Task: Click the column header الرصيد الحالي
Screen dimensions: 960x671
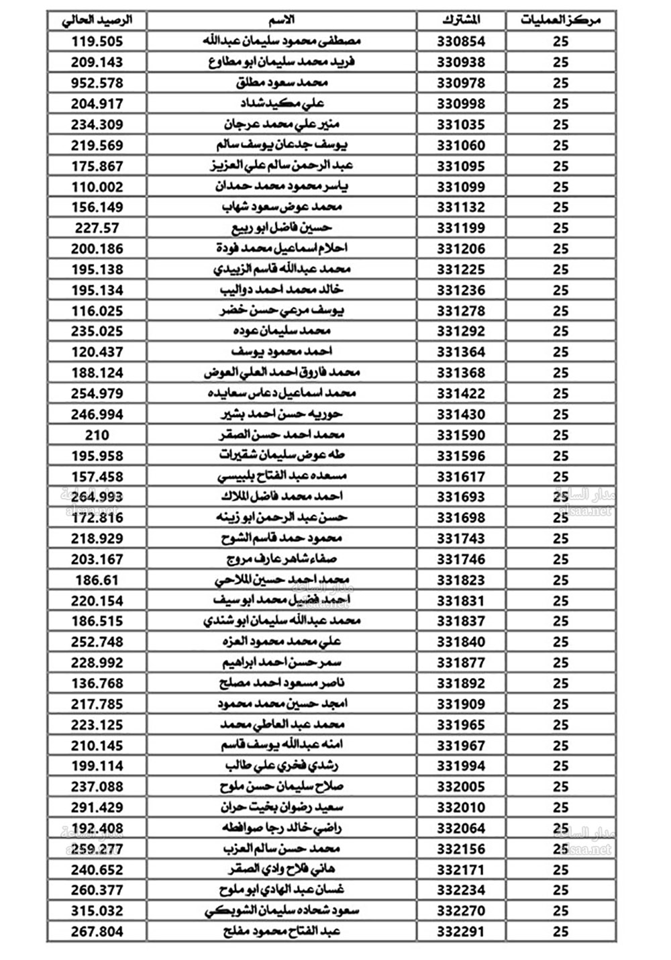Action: [x=97, y=20]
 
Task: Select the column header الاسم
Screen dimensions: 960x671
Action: [x=282, y=20]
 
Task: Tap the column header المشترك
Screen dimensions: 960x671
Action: [x=461, y=20]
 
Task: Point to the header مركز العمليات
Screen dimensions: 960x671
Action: [x=560, y=20]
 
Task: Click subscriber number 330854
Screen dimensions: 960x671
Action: [x=461, y=42]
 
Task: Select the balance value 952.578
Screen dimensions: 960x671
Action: [x=97, y=83]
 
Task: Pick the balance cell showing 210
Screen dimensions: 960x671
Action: [x=97, y=435]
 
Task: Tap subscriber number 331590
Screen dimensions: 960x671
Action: [x=461, y=435]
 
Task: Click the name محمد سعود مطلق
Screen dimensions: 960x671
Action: [x=282, y=83]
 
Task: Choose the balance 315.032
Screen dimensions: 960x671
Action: [x=97, y=911]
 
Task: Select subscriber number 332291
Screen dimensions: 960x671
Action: [x=461, y=932]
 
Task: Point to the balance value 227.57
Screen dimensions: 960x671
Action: [x=97, y=228]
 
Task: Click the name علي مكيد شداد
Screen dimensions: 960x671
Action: [x=282, y=104]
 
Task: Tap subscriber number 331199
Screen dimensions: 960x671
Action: [x=461, y=228]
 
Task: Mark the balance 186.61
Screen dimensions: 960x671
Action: [x=97, y=580]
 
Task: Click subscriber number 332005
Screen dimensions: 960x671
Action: [x=461, y=787]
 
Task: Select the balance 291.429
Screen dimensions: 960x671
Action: [x=97, y=808]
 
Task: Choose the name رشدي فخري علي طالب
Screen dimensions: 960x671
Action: [x=282, y=766]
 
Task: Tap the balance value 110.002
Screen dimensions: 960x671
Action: [x=97, y=187]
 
